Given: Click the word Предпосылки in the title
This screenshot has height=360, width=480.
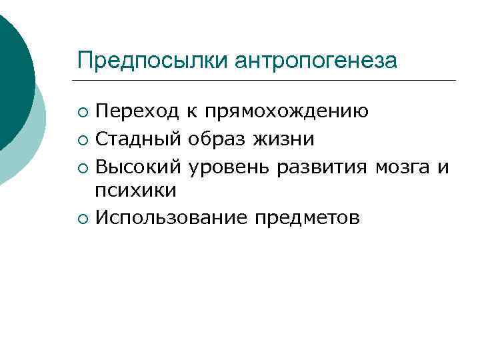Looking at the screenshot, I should coord(153,61).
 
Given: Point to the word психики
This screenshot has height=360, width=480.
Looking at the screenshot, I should coord(136,191).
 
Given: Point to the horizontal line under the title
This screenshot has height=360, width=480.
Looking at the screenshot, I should coord(266,81).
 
